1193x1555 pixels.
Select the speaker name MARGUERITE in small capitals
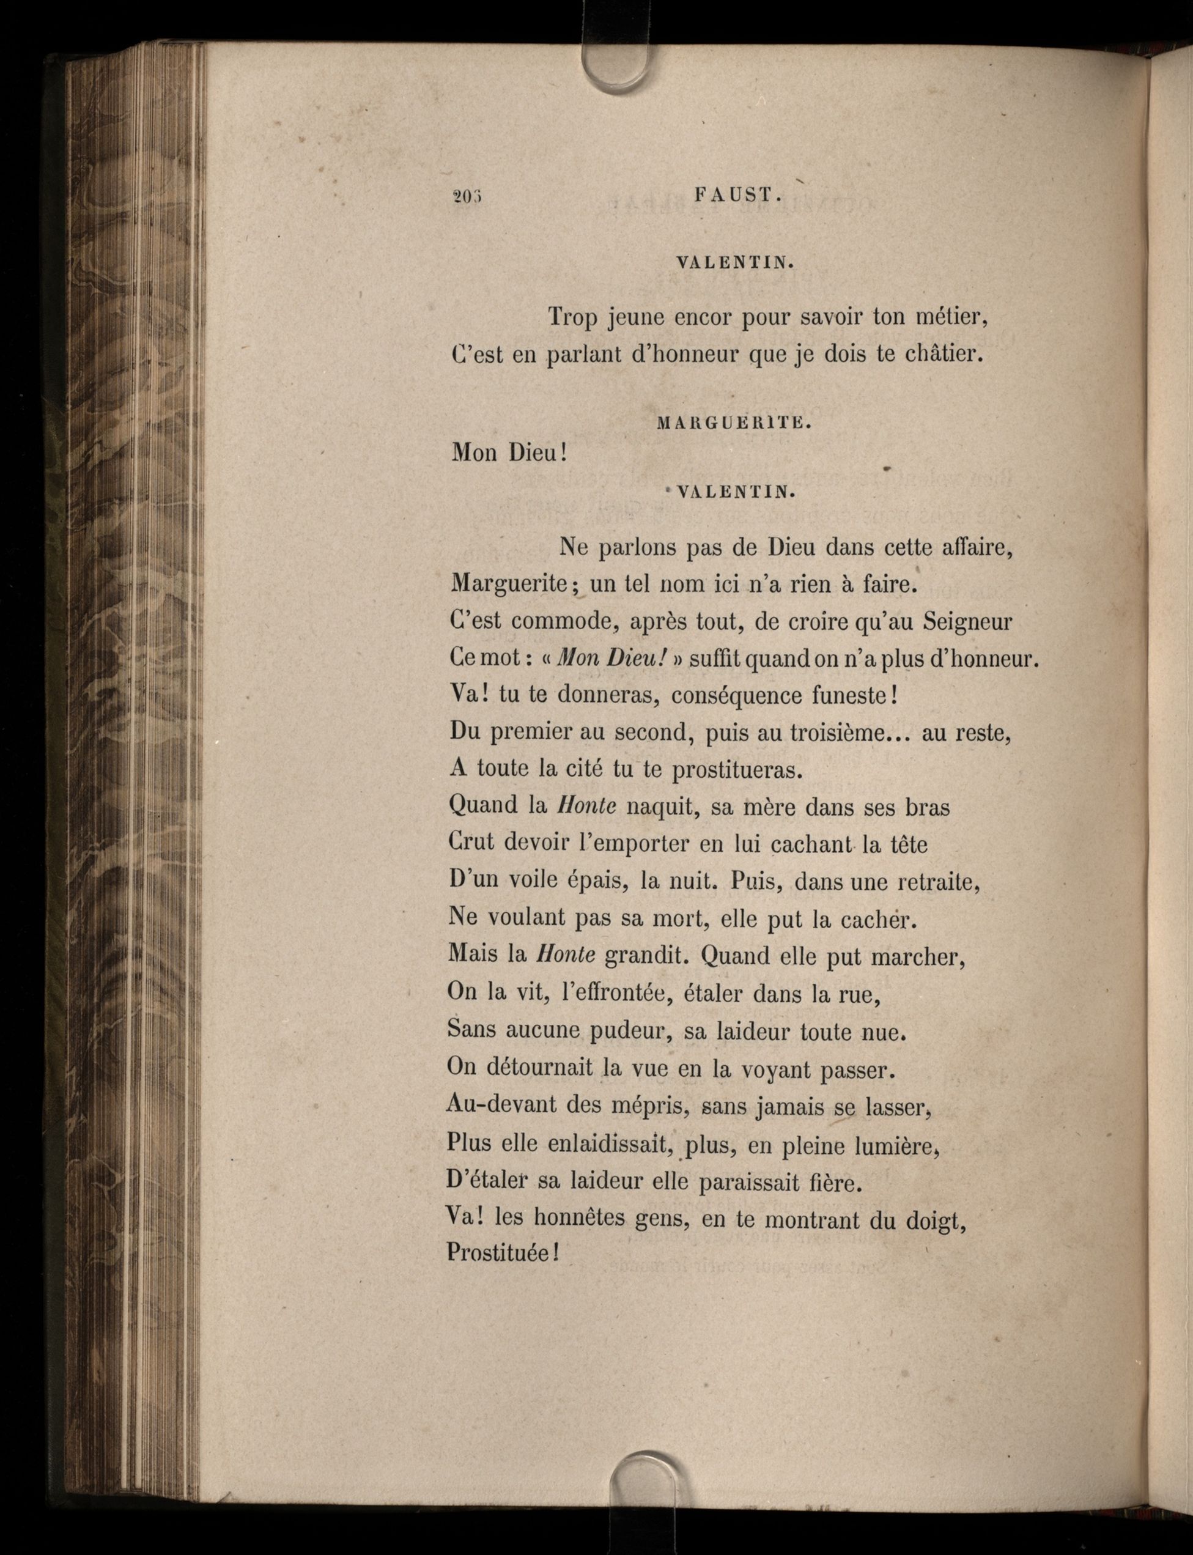pyautogui.click(x=732, y=424)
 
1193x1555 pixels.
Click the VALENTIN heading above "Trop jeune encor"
pyautogui.click(x=734, y=263)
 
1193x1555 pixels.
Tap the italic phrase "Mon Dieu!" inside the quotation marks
pyautogui.click(x=611, y=658)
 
